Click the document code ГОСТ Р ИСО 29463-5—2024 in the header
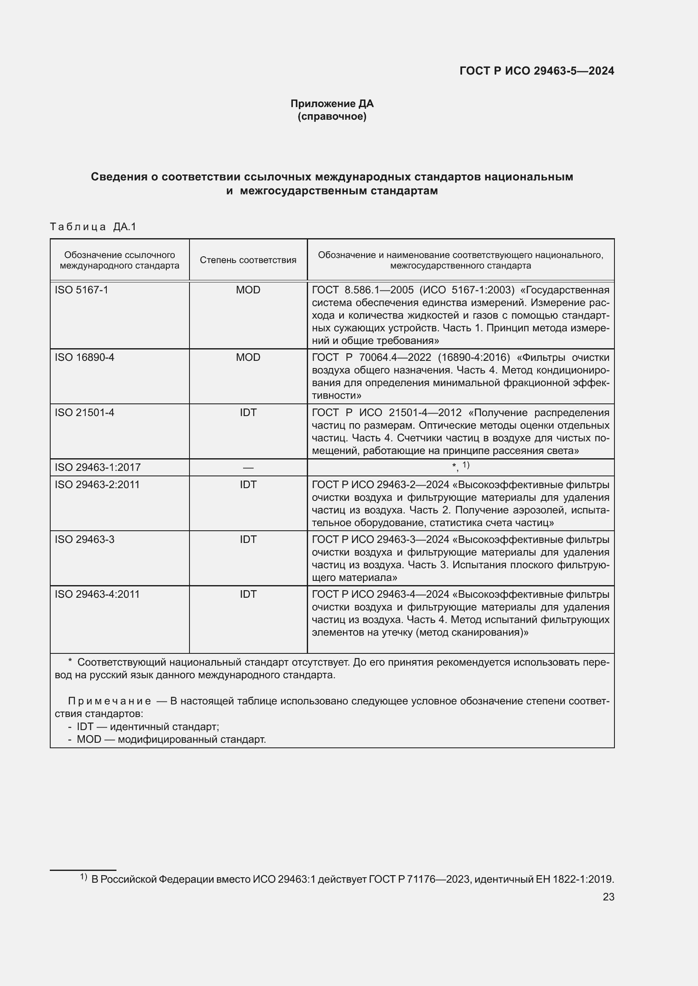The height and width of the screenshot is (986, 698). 536,71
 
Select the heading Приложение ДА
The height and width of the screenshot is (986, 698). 332,104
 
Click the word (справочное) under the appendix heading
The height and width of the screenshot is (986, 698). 332,116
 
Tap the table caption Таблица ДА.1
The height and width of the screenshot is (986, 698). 93,226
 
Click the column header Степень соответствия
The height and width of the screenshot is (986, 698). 248,260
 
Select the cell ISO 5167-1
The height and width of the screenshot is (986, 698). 81,290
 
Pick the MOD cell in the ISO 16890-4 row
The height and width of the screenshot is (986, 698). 248,357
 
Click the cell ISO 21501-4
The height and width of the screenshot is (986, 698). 84,412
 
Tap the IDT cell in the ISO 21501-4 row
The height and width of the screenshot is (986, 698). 248,412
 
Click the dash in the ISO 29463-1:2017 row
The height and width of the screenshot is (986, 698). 248,467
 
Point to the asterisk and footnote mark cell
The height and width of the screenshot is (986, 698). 460,467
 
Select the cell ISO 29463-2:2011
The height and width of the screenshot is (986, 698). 97,484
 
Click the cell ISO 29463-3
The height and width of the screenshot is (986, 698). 84,540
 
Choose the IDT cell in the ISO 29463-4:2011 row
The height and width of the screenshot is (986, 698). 248,594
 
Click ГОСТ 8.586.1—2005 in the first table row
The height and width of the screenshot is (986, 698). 363,290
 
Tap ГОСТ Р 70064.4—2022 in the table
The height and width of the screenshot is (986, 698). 371,357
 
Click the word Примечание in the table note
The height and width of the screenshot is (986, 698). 110,701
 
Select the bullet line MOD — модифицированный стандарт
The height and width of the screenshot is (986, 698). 171,739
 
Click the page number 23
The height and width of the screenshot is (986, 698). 608,897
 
